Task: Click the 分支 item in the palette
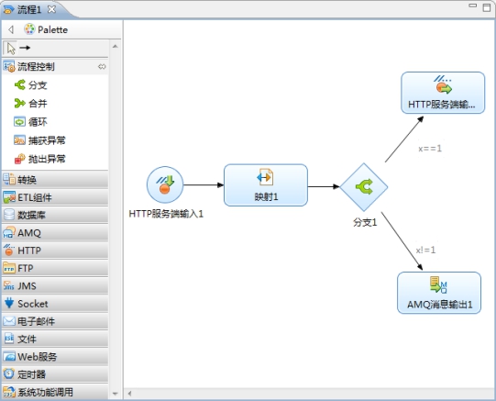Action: point(30,84)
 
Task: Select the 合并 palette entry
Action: point(30,103)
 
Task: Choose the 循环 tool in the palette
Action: point(30,122)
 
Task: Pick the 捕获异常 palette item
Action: point(39,140)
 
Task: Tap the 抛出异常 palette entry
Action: point(39,159)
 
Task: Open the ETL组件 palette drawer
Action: point(55,197)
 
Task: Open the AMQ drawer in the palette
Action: point(55,233)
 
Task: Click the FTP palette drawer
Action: point(55,268)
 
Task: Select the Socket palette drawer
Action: point(55,304)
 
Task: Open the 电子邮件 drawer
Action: point(55,321)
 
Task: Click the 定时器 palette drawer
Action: point(55,374)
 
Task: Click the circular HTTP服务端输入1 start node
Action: point(165,184)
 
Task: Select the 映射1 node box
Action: point(266,185)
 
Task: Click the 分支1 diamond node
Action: point(364,187)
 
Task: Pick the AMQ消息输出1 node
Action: point(439,293)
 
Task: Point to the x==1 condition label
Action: point(430,149)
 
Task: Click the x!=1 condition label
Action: point(425,250)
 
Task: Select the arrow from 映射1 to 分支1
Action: point(324,186)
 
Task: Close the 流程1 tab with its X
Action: point(51,9)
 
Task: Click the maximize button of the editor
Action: point(487,7)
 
